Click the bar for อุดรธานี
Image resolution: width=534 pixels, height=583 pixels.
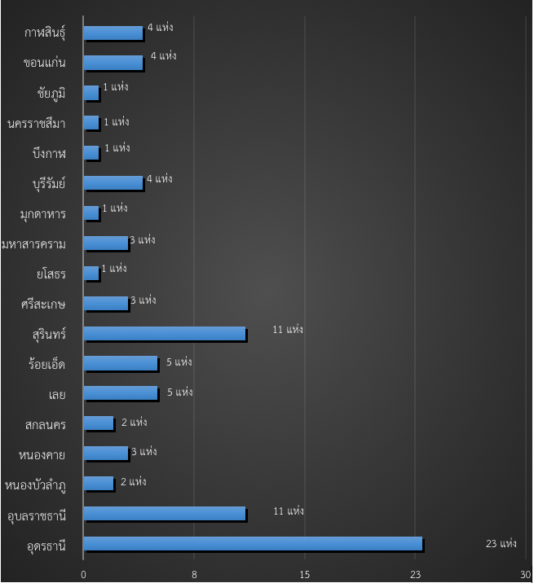253,543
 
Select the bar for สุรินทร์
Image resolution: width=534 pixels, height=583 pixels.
165,333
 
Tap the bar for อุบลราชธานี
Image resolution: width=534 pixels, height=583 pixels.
165,513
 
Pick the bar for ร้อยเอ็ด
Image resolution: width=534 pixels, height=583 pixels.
121,363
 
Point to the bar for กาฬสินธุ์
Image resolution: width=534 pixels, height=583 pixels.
113,33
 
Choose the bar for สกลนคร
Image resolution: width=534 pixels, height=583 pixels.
99,423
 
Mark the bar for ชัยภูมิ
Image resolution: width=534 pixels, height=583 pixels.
91,93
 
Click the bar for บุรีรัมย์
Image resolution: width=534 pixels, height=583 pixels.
113,182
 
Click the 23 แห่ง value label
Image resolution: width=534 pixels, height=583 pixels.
501,543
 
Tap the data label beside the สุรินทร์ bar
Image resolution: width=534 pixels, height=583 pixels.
288,329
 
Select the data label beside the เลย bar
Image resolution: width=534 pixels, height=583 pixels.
179,392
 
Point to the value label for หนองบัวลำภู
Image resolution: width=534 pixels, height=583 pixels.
133,481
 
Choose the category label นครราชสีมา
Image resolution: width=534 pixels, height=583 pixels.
36,123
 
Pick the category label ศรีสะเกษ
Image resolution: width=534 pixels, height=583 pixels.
43,305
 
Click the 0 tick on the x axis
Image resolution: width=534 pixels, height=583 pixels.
84,574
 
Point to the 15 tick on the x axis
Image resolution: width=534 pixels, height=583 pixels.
305,574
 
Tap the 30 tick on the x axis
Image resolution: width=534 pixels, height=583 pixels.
525,574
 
